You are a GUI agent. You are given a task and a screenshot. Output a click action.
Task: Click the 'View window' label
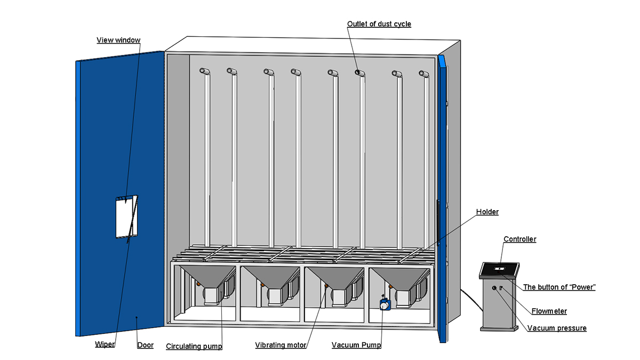[x=118, y=40]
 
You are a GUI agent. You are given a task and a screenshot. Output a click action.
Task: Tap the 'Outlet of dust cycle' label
[x=379, y=24]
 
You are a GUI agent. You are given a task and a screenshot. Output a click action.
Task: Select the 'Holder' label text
[x=487, y=212]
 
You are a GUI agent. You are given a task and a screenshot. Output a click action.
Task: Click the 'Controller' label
[x=519, y=239]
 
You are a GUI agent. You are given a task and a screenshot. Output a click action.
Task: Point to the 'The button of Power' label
[x=559, y=287]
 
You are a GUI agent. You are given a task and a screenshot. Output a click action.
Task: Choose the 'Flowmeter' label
[x=549, y=311]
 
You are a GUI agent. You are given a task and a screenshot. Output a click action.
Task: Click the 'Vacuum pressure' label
[x=557, y=328]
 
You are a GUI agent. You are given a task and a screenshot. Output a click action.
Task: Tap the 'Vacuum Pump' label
[x=356, y=345]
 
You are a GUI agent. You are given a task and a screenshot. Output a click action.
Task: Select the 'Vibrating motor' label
[x=281, y=345]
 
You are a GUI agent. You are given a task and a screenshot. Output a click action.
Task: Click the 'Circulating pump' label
[x=194, y=346]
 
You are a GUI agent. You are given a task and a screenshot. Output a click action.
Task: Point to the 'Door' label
[x=145, y=345]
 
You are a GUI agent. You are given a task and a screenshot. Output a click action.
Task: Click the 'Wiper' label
[x=105, y=345]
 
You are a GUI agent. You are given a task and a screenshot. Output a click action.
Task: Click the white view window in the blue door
[x=126, y=216]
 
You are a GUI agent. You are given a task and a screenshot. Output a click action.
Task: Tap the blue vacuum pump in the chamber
[x=385, y=305]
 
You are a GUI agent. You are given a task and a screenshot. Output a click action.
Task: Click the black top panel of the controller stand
[x=500, y=270]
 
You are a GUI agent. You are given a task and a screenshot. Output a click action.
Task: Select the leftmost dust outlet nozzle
[x=204, y=71]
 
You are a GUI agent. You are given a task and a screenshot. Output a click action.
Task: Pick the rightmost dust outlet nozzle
[x=425, y=74]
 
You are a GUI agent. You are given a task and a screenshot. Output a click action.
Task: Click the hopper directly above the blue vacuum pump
[x=399, y=277]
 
